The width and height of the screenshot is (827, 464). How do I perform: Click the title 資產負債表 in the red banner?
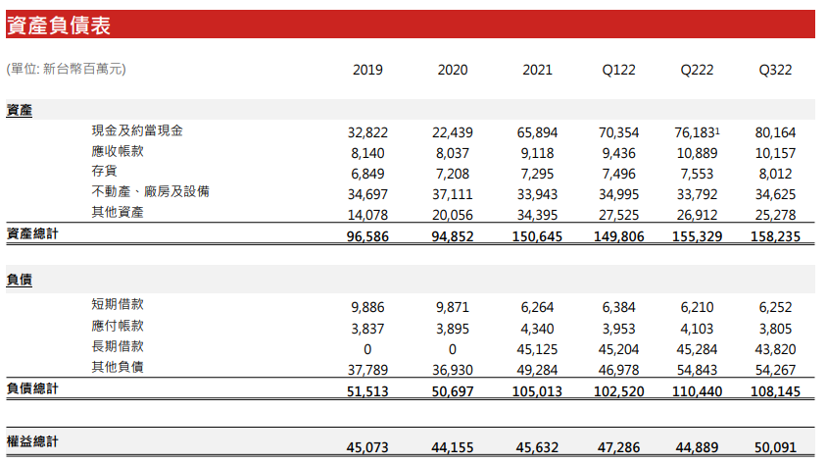pyautogui.click(x=59, y=26)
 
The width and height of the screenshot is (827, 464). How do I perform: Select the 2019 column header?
pyautogui.click(x=367, y=71)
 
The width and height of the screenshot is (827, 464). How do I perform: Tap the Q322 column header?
pyautogui.click(x=775, y=71)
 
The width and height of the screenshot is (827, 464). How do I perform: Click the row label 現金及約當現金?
pyautogui.click(x=137, y=131)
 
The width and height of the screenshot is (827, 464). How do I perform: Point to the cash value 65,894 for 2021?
pyautogui.click(x=537, y=132)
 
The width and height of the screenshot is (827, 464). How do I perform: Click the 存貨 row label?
pyautogui.click(x=105, y=172)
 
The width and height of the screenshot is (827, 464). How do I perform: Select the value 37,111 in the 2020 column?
pyautogui.click(x=452, y=192)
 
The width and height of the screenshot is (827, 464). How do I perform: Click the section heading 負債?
pyautogui.click(x=20, y=280)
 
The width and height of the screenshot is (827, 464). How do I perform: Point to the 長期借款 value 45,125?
pyautogui.click(x=537, y=348)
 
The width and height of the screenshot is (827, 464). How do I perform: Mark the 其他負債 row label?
pyautogui.click(x=118, y=367)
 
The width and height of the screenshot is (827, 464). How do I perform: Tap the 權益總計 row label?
pyautogui.click(x=32, y=442)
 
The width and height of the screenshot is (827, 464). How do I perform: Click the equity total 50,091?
pyautogui.click(x=775, y=447)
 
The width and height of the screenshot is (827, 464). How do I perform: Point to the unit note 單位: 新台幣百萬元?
pyautogui.click(x=67, y=69)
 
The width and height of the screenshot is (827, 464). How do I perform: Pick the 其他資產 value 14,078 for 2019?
pyautogui.click(x=367, y=214)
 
